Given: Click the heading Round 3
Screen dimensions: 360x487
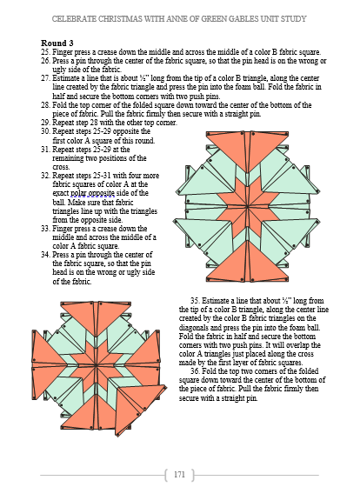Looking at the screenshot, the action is point(57,43).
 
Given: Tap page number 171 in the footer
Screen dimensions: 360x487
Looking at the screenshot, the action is point(179,474).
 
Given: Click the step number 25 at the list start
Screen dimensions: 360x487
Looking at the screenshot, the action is point(45,52).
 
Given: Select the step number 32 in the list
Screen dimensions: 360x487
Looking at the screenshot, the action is point(45,176).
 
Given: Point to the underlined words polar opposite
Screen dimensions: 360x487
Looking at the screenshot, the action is point(92,193).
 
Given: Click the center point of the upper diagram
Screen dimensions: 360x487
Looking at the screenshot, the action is point(248,206).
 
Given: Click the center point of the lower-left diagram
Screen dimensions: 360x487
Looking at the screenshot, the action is point(97,364).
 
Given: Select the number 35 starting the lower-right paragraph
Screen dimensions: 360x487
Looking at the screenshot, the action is point(195,301).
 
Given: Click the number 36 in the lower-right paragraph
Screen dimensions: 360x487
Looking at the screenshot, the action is point(195,371).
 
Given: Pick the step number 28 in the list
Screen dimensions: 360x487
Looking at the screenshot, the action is point(45,105).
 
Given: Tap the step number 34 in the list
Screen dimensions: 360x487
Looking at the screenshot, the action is point(45,255).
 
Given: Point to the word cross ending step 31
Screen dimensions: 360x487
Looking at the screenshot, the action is point(60,167).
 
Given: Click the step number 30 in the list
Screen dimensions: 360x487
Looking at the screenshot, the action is point(45,131).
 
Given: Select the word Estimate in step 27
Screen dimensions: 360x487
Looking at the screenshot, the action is point(64,78).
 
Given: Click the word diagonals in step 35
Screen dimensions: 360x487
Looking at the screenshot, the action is point(191,327).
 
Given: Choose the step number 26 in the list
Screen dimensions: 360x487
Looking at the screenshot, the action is point(45,61).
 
